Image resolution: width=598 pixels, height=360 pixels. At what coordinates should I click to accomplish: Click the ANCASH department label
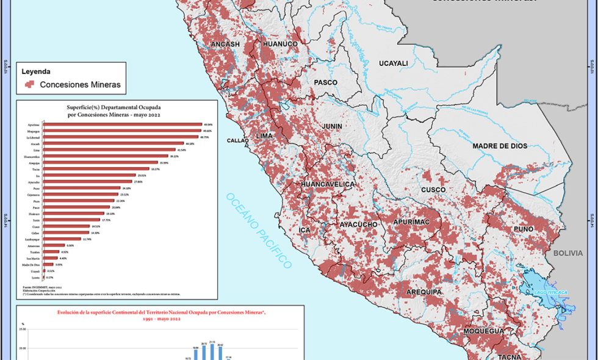click(x=225, y=45)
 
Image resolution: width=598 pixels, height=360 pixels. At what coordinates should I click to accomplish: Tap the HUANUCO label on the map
click(x=280, y=45)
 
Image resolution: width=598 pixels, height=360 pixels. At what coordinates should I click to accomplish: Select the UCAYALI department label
click(x=394, y=63)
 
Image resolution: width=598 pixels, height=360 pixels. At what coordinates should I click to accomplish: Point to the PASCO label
click(x=325, y=82)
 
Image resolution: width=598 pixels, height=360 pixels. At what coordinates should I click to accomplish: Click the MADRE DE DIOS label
click(x=500, y=146)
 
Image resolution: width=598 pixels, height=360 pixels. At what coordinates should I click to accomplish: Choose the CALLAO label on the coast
click(x=237, y=140)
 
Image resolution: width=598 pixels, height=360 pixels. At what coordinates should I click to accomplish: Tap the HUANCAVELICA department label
click(x=328, y=184)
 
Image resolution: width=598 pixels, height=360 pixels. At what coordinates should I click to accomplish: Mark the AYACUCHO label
click(x=358, y=225)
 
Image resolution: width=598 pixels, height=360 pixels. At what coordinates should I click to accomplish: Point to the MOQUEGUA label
click(x=483, y=331)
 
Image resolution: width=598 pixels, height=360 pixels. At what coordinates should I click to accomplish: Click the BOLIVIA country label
click(x=569, y=252)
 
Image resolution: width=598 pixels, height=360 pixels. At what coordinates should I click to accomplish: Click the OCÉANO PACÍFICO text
click(x=259, y=229)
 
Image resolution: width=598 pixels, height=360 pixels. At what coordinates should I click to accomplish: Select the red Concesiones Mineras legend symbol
click(x=29, y=84)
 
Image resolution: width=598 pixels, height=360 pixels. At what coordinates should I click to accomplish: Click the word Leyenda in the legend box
click(x=36, y=71)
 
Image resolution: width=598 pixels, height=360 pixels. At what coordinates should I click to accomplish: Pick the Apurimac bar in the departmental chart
click(x=122, y=124)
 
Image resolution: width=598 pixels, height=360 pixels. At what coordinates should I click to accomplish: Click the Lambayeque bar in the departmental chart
click(x=62, y=239)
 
